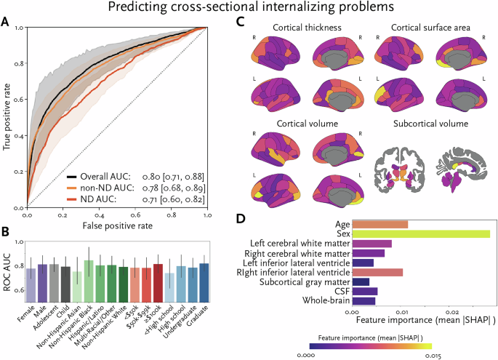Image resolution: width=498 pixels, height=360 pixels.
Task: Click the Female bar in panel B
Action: [31, 284]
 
